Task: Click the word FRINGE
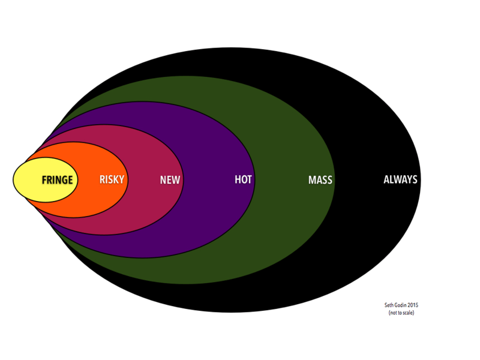tap(57, 180)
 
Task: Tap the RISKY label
tap(112, 179)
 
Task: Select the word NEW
tap(170, 180)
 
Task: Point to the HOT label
tap(243, 179)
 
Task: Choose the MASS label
tap(320, 180)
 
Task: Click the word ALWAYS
tap(400, 179)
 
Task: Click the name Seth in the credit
tap(388, 305)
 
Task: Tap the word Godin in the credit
tap(400, 305)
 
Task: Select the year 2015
tap(413, 305)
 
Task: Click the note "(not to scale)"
tap(401, 313)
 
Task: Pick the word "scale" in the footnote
tap(407, 313)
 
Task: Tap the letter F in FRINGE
tap(44, 180)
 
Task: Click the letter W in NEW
tap(176, 180)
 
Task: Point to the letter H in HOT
tap(238, 179)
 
